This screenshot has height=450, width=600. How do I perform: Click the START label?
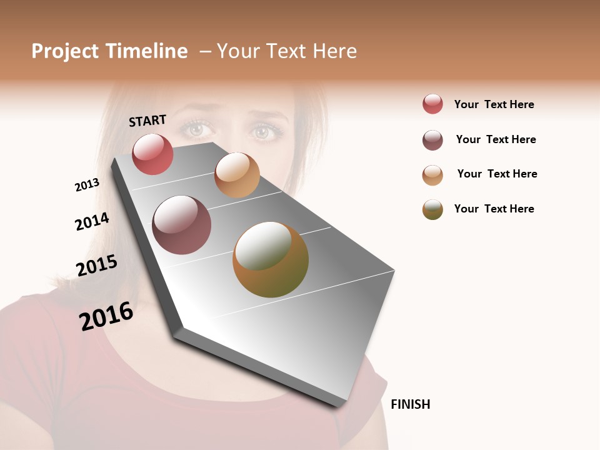[147, 121]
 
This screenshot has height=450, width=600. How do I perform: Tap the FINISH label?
[411, 404]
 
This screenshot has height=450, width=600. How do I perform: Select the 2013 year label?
[87, 185]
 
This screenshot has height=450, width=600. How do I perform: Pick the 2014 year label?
[92, 221]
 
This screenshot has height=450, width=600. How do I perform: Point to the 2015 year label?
[97, 266]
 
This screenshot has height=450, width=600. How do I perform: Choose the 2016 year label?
[106, 316]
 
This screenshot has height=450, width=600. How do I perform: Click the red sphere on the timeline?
[152, 154]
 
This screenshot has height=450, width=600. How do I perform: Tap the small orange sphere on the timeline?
[237, 175]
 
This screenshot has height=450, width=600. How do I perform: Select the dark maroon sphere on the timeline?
[182, 225]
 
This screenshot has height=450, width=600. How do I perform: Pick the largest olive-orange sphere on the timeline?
[271, 259]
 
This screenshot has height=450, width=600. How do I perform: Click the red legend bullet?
[432, 104]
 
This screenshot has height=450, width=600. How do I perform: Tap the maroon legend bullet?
[432, 140]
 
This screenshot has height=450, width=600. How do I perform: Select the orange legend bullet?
[432, 175]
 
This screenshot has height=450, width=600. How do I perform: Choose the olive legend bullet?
[432, 209]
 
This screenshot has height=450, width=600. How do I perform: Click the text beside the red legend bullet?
[494, 104]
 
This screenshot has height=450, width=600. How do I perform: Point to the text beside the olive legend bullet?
[494, 209]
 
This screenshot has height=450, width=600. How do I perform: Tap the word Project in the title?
[66, 51]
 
